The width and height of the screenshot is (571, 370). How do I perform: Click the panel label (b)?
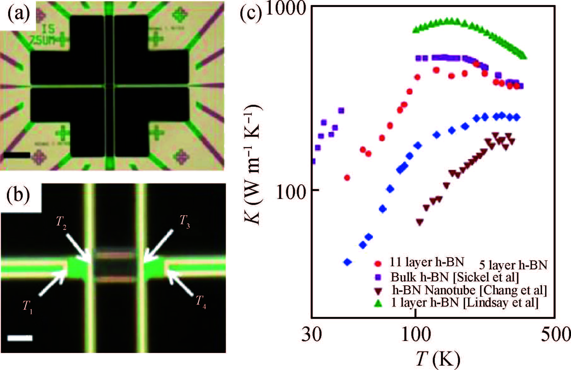click(x=18, y=196)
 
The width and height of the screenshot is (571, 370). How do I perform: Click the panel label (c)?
click(x=251, y=14)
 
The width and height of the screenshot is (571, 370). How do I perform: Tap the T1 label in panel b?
click(x=27, y=306)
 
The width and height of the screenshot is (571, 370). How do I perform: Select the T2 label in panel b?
click(x=61, y=223)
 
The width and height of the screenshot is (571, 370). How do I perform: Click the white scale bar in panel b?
click(x=20, y=338)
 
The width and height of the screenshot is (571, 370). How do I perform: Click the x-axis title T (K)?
click(x=437, y=358)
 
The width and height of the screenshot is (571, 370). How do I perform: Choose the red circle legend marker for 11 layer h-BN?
click(x=378, y=263)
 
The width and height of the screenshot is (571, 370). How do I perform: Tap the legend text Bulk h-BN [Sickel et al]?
click(x=455, y=277)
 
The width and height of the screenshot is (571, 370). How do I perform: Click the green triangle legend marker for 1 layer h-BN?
click(x=378, y=303)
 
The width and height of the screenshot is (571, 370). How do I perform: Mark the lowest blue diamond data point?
click(x=347, y=262)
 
